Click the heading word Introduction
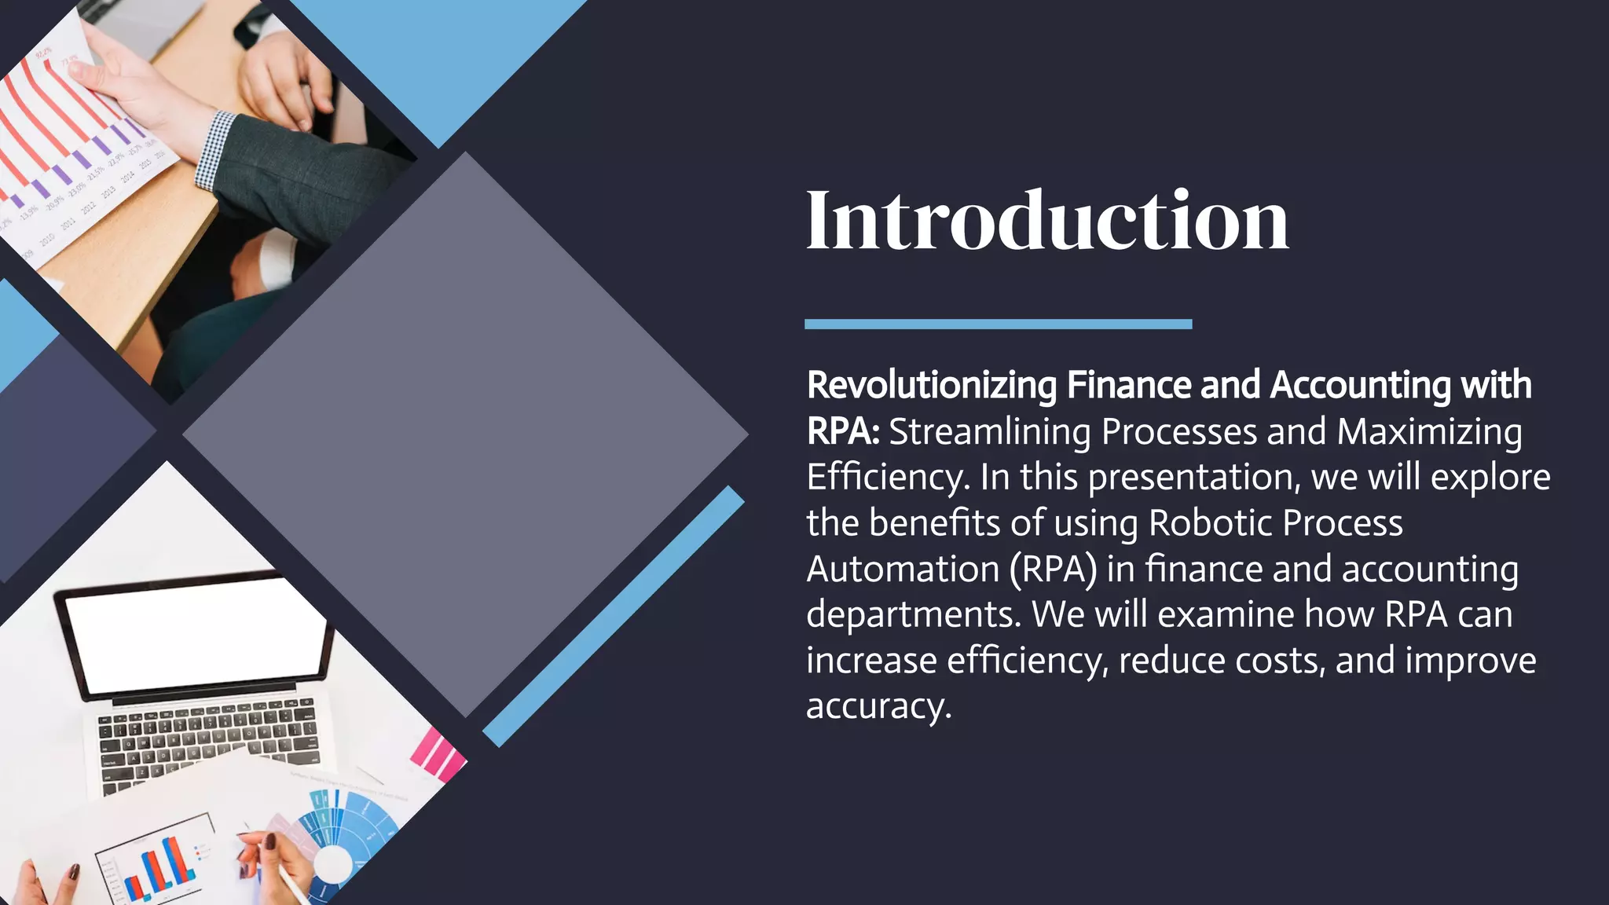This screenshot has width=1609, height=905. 1046,222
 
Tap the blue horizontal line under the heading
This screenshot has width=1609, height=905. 998,324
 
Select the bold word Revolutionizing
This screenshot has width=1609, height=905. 932,386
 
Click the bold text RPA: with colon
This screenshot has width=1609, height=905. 842,431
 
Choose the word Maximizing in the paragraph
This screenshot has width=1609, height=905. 1429,432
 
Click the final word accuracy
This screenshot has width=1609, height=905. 878,706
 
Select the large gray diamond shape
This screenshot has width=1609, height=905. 465,434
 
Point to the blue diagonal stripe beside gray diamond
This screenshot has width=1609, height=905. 613,617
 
